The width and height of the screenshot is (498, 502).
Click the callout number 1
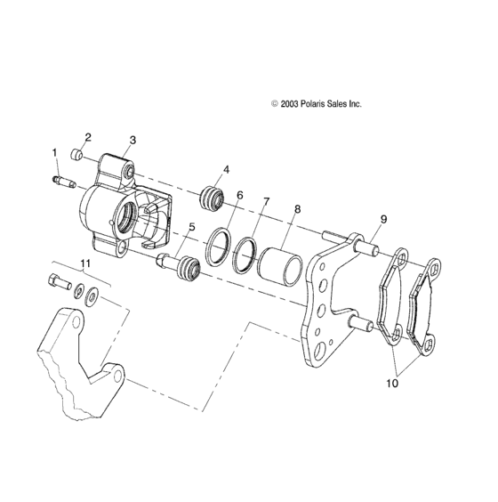[x=54, y=153]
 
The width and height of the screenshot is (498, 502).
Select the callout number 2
[x=88, y=137]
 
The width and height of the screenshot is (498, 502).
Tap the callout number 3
[x=133, y=140]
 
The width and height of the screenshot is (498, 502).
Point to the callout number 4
[x=227, y=169]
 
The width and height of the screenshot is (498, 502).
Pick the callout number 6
[x=239, y=195]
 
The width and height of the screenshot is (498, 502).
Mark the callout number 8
[x=297, y=209]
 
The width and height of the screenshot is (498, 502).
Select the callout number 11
[x=86, y=263]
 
